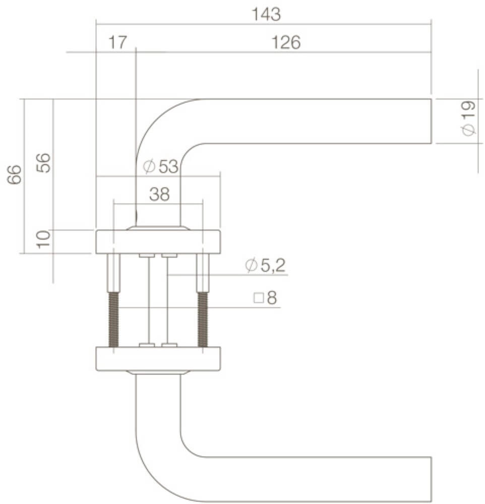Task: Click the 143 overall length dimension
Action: coord(266,15)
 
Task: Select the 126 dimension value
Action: coord(286,43)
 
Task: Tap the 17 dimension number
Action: coord(118,43)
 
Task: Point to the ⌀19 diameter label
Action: coord(468,118)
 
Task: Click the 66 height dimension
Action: coord(15,174)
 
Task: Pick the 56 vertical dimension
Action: coord(45,163)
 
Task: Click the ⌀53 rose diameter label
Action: coord(161,166)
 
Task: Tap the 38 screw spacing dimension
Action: coord(159,195)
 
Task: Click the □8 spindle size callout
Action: coord(266,298)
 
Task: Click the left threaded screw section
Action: coord(114,320)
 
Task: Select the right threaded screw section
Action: coord(203,320)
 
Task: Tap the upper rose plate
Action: coord(158,242)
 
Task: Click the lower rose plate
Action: coord(158,358)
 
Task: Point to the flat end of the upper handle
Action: coord(430,121)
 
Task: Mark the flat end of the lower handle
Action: coord(430,479)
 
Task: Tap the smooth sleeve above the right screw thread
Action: coord(203,273)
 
